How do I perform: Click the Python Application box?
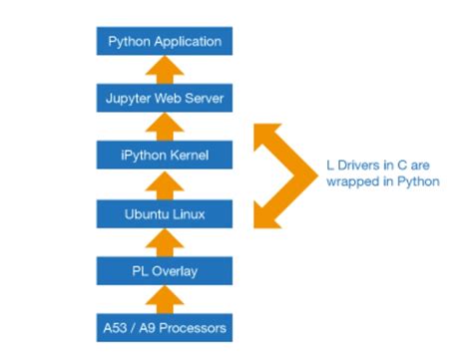pyautogui.click(x=166, y=42)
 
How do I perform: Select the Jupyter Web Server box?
pyautogui.click(x=166, y=99)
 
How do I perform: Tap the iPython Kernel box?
pyautogui.click(x=166, y=156)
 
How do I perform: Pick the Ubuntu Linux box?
pyautogui.click(x=166, y=212)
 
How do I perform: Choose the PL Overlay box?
pyautogui.click(x=166, y=269)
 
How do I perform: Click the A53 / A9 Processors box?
pyautogui.click(x=166, y=326)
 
